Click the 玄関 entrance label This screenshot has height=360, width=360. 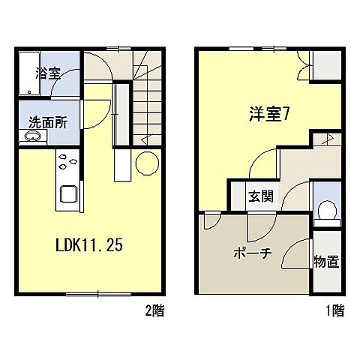click(261, 198)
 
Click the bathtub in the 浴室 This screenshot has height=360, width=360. click(27, 73)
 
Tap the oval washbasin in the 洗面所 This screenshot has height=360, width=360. click(32, 138)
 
